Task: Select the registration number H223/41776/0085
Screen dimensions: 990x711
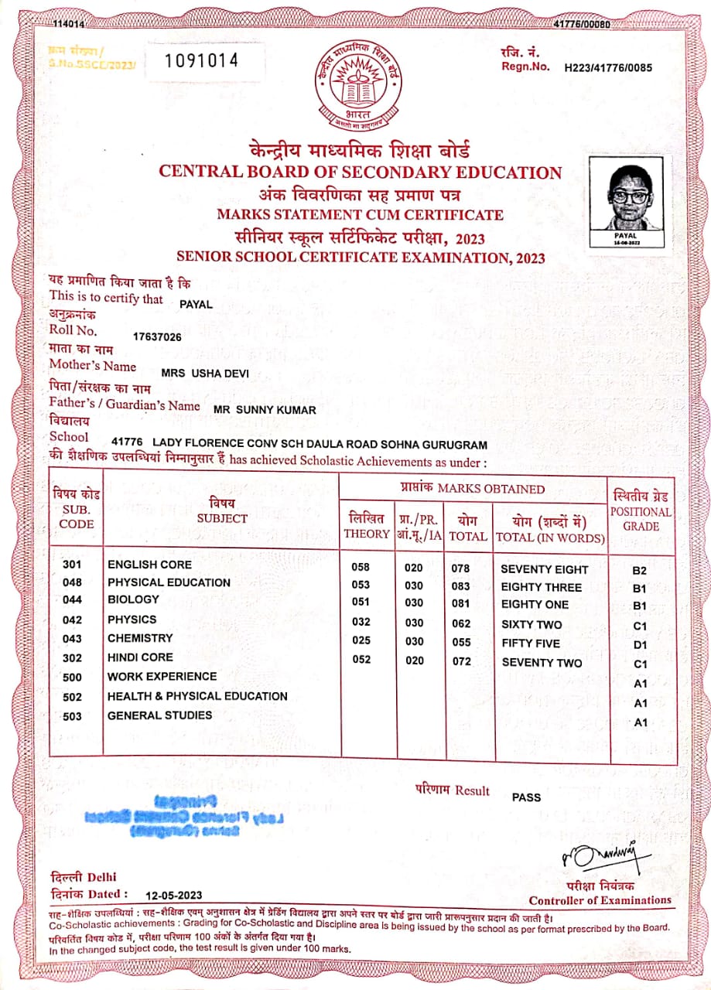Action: tap(608, 68)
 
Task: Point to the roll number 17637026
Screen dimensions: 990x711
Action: tap(157, 336)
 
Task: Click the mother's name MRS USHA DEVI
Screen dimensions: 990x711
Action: tap(205, 374)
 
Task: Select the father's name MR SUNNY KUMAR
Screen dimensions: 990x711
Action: tap(265, 410)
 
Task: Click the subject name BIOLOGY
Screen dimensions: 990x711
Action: tap(133, 599)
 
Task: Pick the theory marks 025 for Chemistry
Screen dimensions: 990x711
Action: tap(361, 640)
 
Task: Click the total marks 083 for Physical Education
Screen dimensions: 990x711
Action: tap(460, 586)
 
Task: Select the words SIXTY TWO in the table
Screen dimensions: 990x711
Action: tap(531, 624)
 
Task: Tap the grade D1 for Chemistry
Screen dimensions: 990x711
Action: tap(640, 644)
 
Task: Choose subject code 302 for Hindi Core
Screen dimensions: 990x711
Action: tap(72, 658)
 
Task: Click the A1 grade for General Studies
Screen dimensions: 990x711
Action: tap(640, 722)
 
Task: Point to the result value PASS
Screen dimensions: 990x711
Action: tap(526, 797)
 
